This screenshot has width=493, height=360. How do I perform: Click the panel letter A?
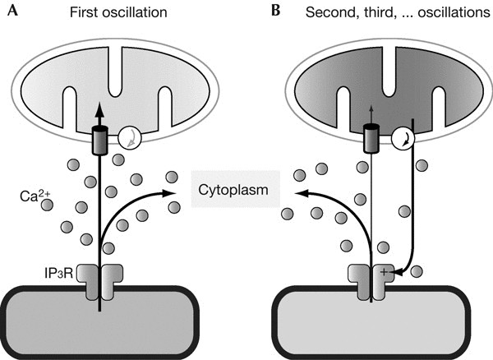tap(11, 12)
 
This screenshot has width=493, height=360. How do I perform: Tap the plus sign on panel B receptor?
tap(384, 270)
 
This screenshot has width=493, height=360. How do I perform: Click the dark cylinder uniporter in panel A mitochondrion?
tap(100, 141)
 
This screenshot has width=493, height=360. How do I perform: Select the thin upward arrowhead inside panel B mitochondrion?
tap(371, 112)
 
